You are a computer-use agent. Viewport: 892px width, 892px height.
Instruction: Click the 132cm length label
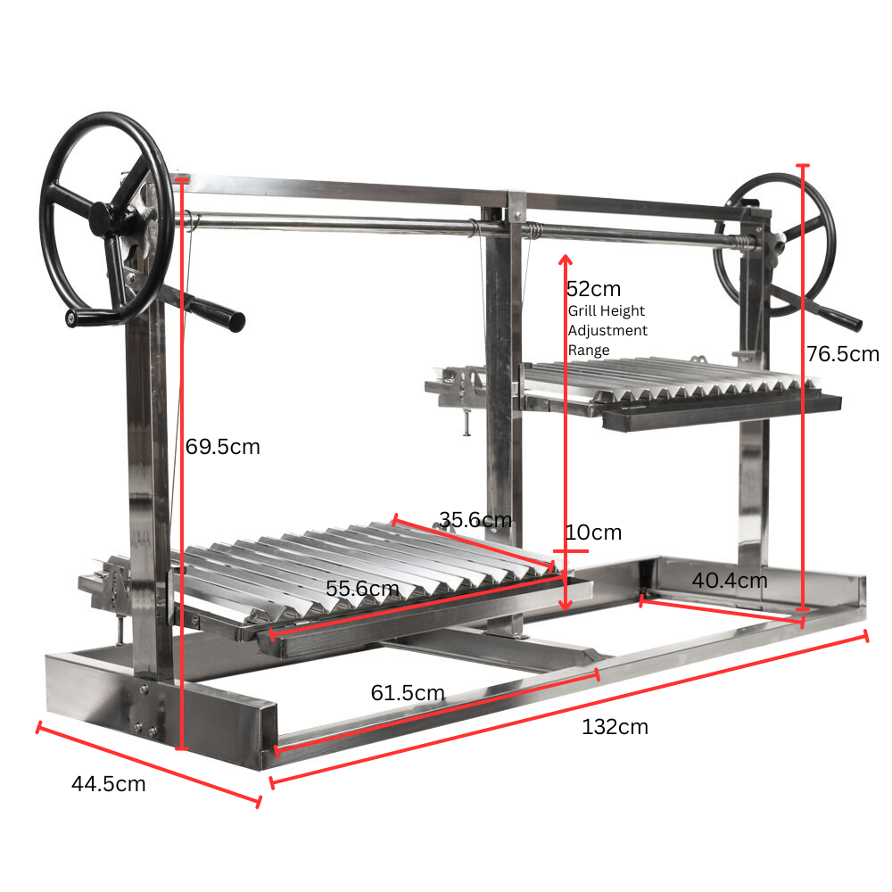615,727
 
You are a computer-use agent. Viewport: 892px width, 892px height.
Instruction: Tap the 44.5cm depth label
109,784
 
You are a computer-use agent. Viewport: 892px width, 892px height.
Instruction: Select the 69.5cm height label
223,447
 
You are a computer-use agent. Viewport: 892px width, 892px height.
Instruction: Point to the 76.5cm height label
843,354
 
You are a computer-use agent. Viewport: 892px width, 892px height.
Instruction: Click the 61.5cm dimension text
408,692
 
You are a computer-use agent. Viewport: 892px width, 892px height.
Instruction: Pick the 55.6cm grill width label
362,588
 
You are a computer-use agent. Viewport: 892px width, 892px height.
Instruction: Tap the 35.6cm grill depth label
475,519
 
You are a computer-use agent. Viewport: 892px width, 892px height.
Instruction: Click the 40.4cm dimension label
730,581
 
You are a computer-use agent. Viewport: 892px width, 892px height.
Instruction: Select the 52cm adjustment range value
594,289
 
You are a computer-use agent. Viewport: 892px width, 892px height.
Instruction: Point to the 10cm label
594,533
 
